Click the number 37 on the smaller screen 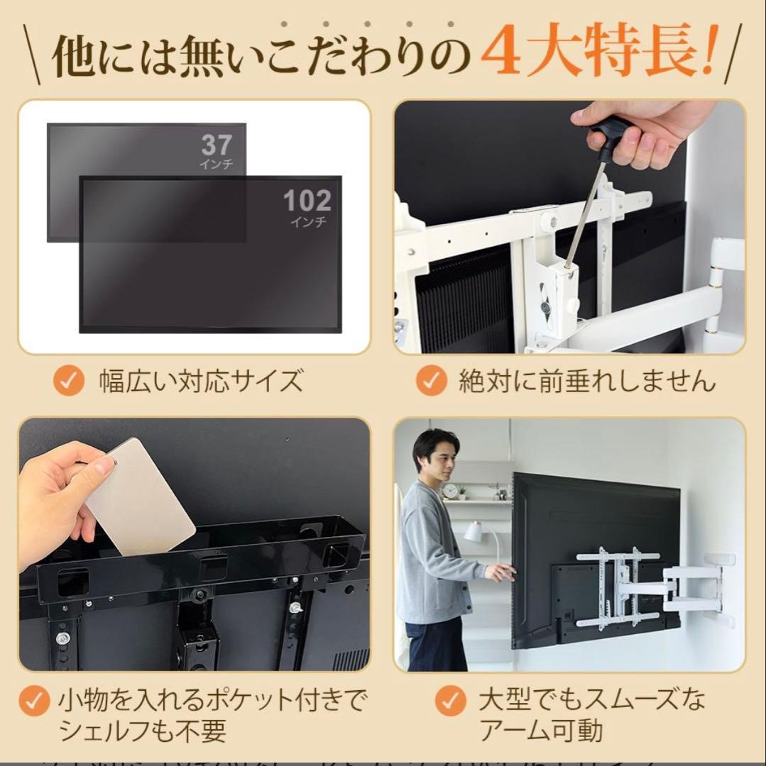(216, 145)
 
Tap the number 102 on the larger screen (307, 201)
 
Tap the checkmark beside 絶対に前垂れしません (430, 382)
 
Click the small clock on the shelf (449, 491)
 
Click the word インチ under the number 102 (307, 222)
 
